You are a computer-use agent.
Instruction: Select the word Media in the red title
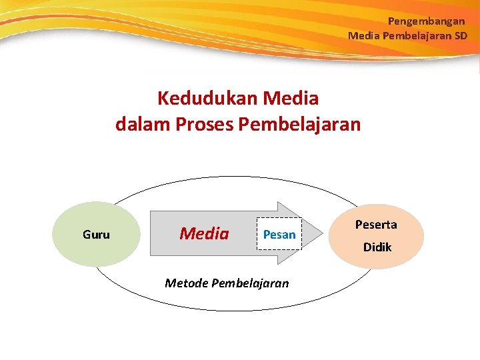click(291, 99)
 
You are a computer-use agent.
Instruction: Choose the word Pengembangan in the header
click(426, 21)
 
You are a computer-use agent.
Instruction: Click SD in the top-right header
click(461, 35)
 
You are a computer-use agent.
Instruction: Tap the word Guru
click(96, 235)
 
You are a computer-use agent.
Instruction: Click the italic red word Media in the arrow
click(204, 234)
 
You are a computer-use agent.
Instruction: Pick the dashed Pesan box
click(279, 234)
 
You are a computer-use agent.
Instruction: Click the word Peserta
click(376, 225)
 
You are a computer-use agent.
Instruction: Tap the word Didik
click(377, 247)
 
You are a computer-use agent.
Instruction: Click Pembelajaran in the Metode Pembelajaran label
click(250, 283)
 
